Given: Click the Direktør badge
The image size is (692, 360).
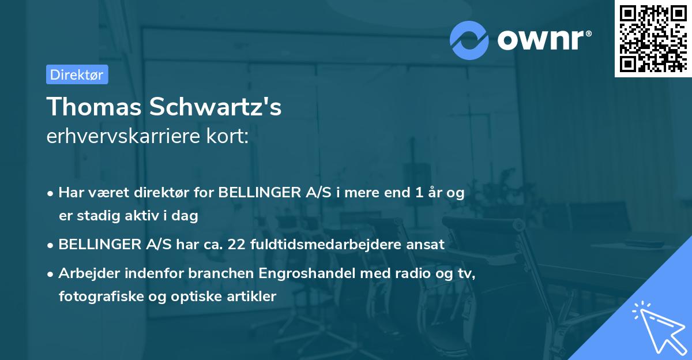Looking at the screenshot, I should (77, 74).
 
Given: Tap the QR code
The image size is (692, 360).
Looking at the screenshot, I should (652, 38).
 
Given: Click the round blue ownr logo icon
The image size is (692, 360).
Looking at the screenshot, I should (470, 40).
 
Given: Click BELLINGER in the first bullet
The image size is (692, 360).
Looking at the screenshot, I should (258, 193).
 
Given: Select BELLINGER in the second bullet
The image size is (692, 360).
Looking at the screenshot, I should (97, 244).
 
